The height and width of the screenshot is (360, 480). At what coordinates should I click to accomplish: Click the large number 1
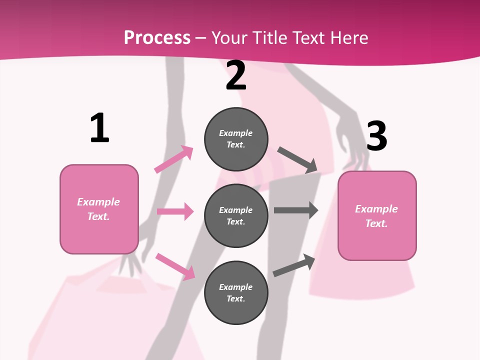pyautogui.click(x=99, y=128)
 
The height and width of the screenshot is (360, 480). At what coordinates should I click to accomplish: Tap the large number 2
pyautogui.click(x=236, y=75)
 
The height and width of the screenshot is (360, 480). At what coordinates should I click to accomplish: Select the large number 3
pyautogui.click(x=376, y=136)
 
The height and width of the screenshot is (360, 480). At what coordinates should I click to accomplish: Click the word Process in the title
pyautogui.click(x=157, y=38)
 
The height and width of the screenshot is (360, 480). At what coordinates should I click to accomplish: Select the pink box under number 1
pyautogui.click(x=99, y=209)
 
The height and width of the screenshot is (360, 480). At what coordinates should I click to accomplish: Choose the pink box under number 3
pyautogui.click(x=377, y=215)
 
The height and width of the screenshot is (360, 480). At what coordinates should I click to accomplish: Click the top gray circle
pyautogui.click(x=236, y=139)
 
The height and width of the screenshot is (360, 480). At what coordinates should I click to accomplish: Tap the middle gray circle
pyautogui.click(x=236, y=215)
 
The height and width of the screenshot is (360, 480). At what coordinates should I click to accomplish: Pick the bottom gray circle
pyautogui.click(x=236, y=292)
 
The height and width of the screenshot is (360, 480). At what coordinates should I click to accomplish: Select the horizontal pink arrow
pyautogui.click(x=175, y=211)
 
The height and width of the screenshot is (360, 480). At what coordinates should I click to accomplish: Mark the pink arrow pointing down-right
pyautogui.click(x=175, y=266)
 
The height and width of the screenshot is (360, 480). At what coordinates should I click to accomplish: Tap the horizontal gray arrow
pyautogui.click(x=296, y=210)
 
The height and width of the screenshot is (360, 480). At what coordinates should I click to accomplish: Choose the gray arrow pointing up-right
pyautogui.click(x=294, y=265)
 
